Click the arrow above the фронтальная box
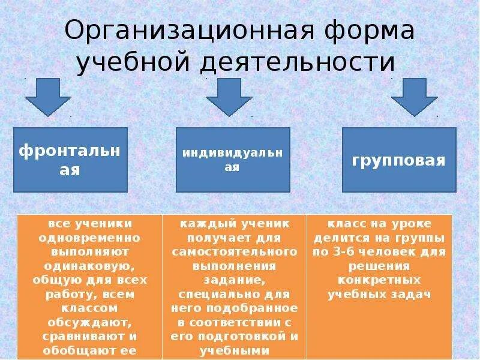48,98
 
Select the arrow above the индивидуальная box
229,98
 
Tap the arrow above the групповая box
415,98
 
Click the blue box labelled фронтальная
70,160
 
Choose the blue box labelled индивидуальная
233,160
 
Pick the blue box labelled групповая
399,160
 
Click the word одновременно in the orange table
89,237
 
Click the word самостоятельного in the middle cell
235,251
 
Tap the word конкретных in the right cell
379,280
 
